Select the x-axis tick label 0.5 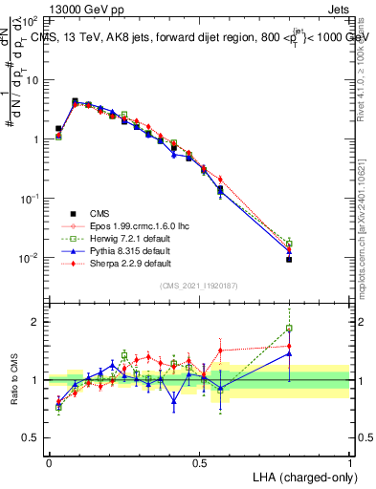tap(199, 460)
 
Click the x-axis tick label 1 tap(350, 460)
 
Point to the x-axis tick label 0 tap(49, 460)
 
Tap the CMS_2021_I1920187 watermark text tap(199, 286)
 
